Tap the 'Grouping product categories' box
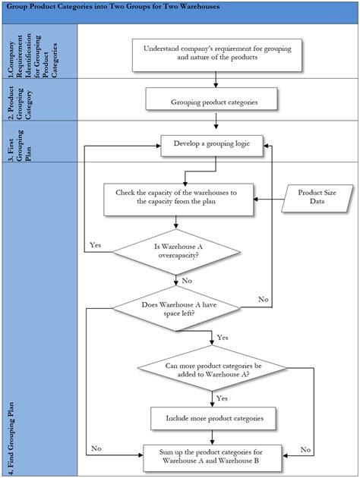(212, 100)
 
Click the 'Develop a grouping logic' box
(212, 143)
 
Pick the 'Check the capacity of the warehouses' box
(177, 198)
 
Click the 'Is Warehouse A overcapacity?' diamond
(177, 251)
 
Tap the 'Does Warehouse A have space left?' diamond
(176, 310)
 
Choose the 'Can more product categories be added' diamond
(212, 370)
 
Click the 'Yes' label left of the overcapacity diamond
(96, 245)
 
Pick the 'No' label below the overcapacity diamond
(188, 281)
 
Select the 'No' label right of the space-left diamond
(263, 300)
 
